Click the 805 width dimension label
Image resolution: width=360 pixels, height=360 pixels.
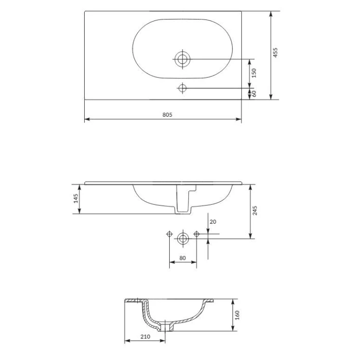coord(167,114)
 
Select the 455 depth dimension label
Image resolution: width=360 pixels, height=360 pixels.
coord(275,53)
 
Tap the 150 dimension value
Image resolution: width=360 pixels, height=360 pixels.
coord(253,73)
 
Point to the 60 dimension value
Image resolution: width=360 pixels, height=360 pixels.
coord(254,94)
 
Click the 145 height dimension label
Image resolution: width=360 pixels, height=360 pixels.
coord(75,198)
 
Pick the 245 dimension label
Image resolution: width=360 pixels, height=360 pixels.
coord(255,211)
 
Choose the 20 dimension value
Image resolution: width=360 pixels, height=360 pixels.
coord(213,222)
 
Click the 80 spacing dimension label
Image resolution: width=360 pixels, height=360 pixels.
coord(182,258)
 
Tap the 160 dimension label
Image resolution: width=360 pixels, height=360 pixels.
coord(237,315)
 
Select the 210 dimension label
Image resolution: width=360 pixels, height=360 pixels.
coord(145,337)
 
